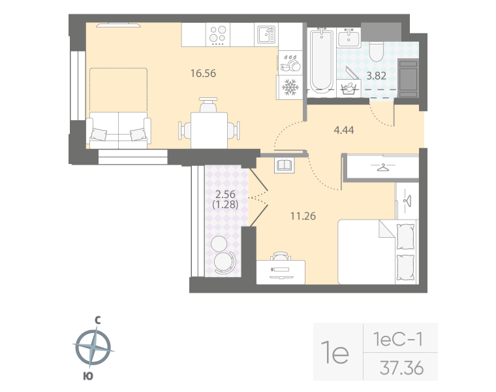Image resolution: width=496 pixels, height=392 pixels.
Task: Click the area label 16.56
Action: point(202,73)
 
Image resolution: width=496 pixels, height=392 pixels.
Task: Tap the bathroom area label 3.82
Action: point(376,76)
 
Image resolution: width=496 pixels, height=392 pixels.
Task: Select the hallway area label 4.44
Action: point(343,130)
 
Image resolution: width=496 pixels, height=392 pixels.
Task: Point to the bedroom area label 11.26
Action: point(302,215)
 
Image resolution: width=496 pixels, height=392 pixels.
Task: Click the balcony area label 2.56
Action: point(225,193)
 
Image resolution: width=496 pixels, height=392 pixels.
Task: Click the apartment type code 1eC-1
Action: point(398,340)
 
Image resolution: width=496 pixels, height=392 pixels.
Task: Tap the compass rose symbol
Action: point(95,348)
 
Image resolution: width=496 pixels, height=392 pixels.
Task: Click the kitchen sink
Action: point(265,34)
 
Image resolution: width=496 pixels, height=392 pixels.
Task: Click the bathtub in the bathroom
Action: point(320,61)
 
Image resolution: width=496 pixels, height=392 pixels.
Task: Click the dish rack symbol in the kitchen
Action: point(290,65)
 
